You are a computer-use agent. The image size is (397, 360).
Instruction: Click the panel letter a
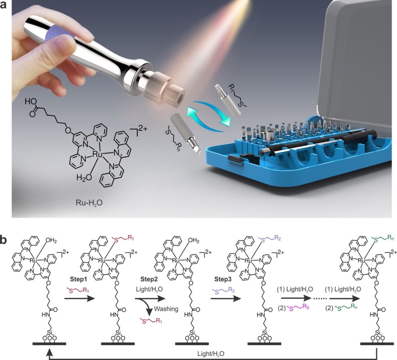coord(4,6)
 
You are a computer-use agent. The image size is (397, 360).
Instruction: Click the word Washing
coord(167,309)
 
